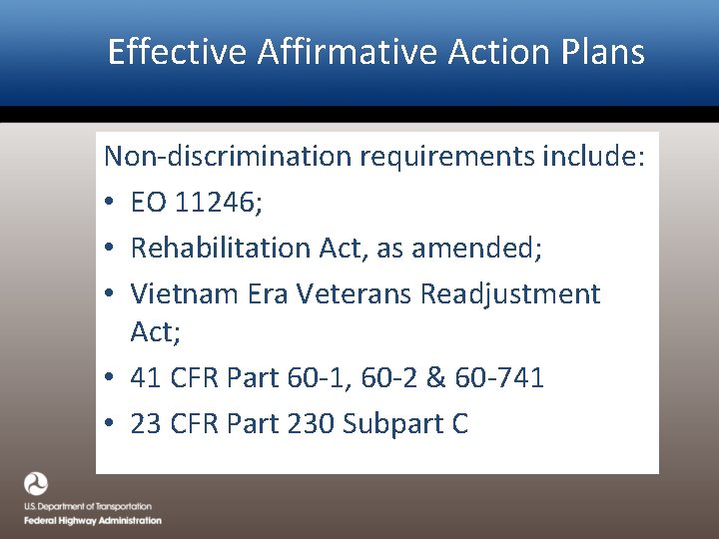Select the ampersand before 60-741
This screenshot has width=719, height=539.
(437, 378)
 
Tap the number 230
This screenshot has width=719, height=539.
(311, 423)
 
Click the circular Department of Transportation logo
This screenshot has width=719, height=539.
(36, 484)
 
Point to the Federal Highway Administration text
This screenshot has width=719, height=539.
(93, 520)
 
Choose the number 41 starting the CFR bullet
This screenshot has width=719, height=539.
(146, 378)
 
